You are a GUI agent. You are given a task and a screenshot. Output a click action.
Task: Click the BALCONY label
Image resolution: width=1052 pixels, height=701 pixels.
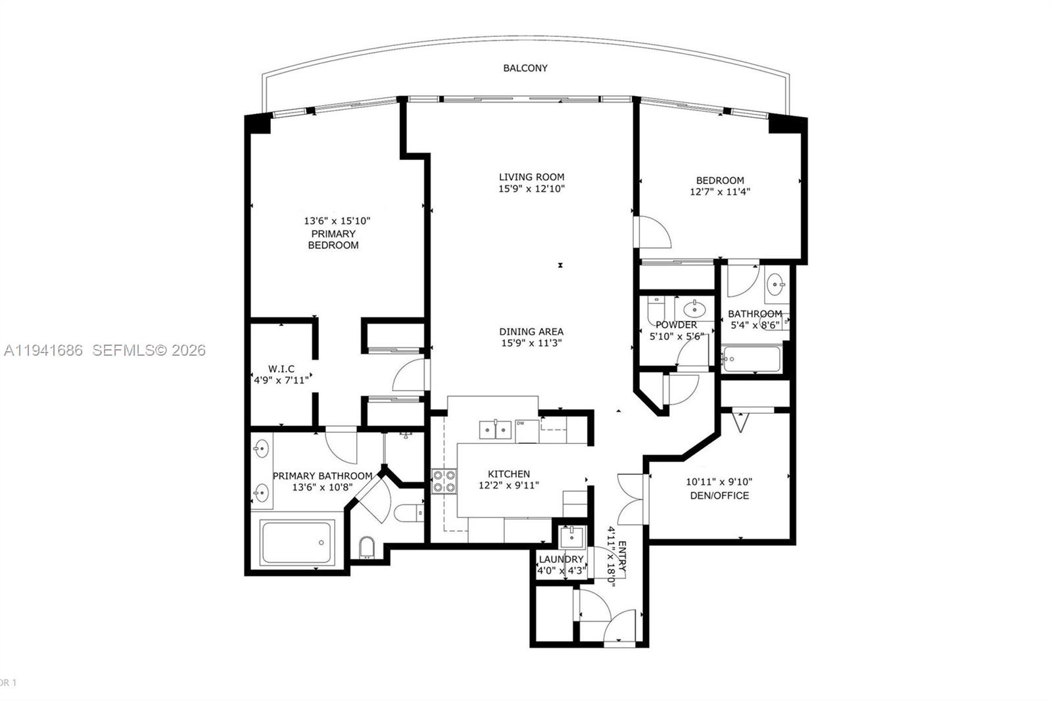pyautogui.click(x=525, y=68)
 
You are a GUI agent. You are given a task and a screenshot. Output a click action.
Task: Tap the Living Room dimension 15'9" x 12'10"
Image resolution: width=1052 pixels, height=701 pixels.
pyautogui.click(x=531, y=189)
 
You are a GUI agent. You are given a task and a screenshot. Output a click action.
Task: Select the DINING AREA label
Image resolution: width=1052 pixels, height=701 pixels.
pyautogui.click(x=531, y=331)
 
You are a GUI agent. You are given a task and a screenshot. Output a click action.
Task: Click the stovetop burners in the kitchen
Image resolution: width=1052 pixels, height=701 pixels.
pyautogui.click(x=444, y=481)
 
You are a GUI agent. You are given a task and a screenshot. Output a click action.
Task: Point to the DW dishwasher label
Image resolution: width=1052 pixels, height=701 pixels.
pyautogui.click(x=520, y=423)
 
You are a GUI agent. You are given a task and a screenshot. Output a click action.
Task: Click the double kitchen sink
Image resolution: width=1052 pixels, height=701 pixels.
pyautogui.click(x=495, y=430)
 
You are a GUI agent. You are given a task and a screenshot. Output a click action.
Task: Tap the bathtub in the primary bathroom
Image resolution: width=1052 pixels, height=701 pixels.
pyautogui.click(x=297, y=542)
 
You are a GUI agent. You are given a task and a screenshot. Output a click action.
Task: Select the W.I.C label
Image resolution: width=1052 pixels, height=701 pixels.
pyautogui.click(x=281, y=369)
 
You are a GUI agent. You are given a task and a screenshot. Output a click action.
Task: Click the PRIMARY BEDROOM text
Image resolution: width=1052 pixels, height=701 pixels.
pyautogui.click(x=333, y=239)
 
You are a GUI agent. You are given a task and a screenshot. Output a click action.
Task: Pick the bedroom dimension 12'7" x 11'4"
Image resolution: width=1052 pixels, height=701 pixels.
pyautogui.click(x=720, y=192)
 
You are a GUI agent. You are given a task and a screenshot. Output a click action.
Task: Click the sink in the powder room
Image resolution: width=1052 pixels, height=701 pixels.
pyautogui.click(x=694, y=308)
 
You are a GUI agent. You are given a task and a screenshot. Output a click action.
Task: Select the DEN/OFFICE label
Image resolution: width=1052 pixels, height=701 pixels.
pyautogui.click(x=719, y=495)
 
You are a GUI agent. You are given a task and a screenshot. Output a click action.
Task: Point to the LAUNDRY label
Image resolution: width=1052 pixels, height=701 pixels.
pyautogui.click(x=561, y=559)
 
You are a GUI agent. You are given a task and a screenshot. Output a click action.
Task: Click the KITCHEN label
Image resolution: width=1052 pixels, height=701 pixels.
pyautogui.click(x=509, y=473)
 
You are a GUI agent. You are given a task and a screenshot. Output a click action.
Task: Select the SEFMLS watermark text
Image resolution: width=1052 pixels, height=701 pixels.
pyautogui.click(x=149, y=350)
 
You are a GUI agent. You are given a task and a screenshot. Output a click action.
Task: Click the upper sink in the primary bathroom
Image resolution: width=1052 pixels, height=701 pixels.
pyautogui.click(x=261, y=449)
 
